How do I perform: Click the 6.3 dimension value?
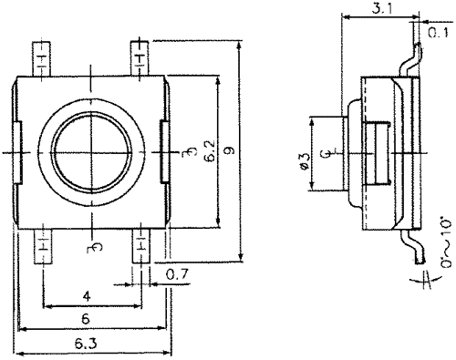tap(86, 344)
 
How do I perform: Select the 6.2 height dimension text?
tap(210, 150)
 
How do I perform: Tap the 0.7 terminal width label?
tap(177, 274)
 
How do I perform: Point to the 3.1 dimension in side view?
tap(382, 9)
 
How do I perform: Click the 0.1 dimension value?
tap(439, 32)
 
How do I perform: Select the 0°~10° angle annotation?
tap(447, 242)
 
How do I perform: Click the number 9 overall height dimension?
tap(231, 150)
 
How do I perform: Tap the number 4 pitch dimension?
tap(87, 296)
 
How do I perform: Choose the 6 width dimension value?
tap(86, 319)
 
